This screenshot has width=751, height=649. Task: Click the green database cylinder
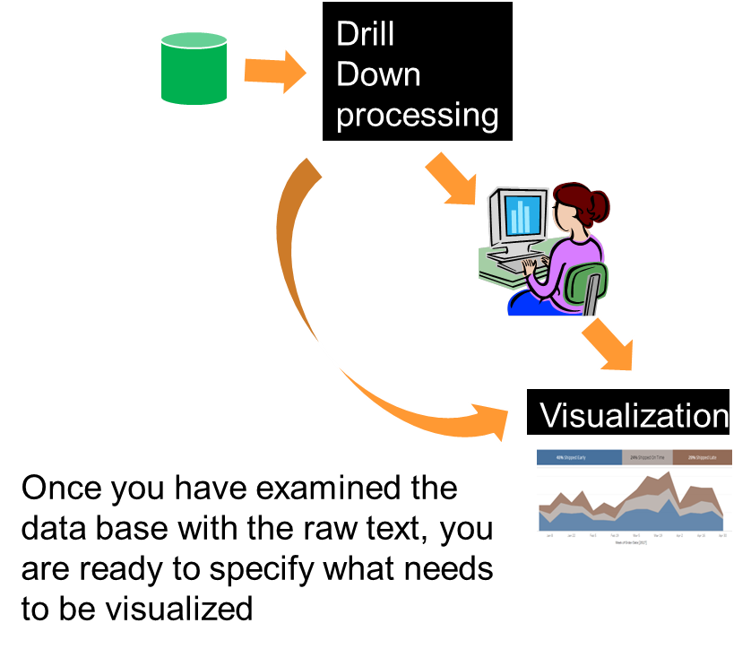[x=193, y=69]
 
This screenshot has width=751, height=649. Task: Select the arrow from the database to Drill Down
[x=274, y=72]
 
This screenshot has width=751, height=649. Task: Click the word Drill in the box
[x=365, y=34]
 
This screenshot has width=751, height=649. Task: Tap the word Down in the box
[x=377, y=74]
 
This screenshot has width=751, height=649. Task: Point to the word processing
[x=417, y=115]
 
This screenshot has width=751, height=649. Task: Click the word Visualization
[x=634, y=415]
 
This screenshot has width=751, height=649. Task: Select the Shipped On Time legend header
[x=646, y=457]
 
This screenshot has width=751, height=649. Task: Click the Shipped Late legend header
[x=702, y=457]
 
